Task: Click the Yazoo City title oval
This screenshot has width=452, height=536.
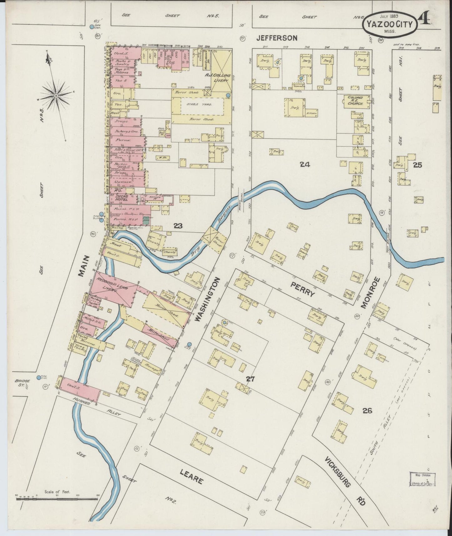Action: (390, 24)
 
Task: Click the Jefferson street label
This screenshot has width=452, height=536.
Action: (277, 38)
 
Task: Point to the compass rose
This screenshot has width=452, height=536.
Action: (56, 95)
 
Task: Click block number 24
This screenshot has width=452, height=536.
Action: (305, 164)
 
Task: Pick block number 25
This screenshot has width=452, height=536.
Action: (418, 165)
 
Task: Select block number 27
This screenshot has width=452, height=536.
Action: (250, 379)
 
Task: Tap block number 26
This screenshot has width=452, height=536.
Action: (367, 411)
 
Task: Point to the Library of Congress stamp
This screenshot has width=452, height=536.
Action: (423, 479)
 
